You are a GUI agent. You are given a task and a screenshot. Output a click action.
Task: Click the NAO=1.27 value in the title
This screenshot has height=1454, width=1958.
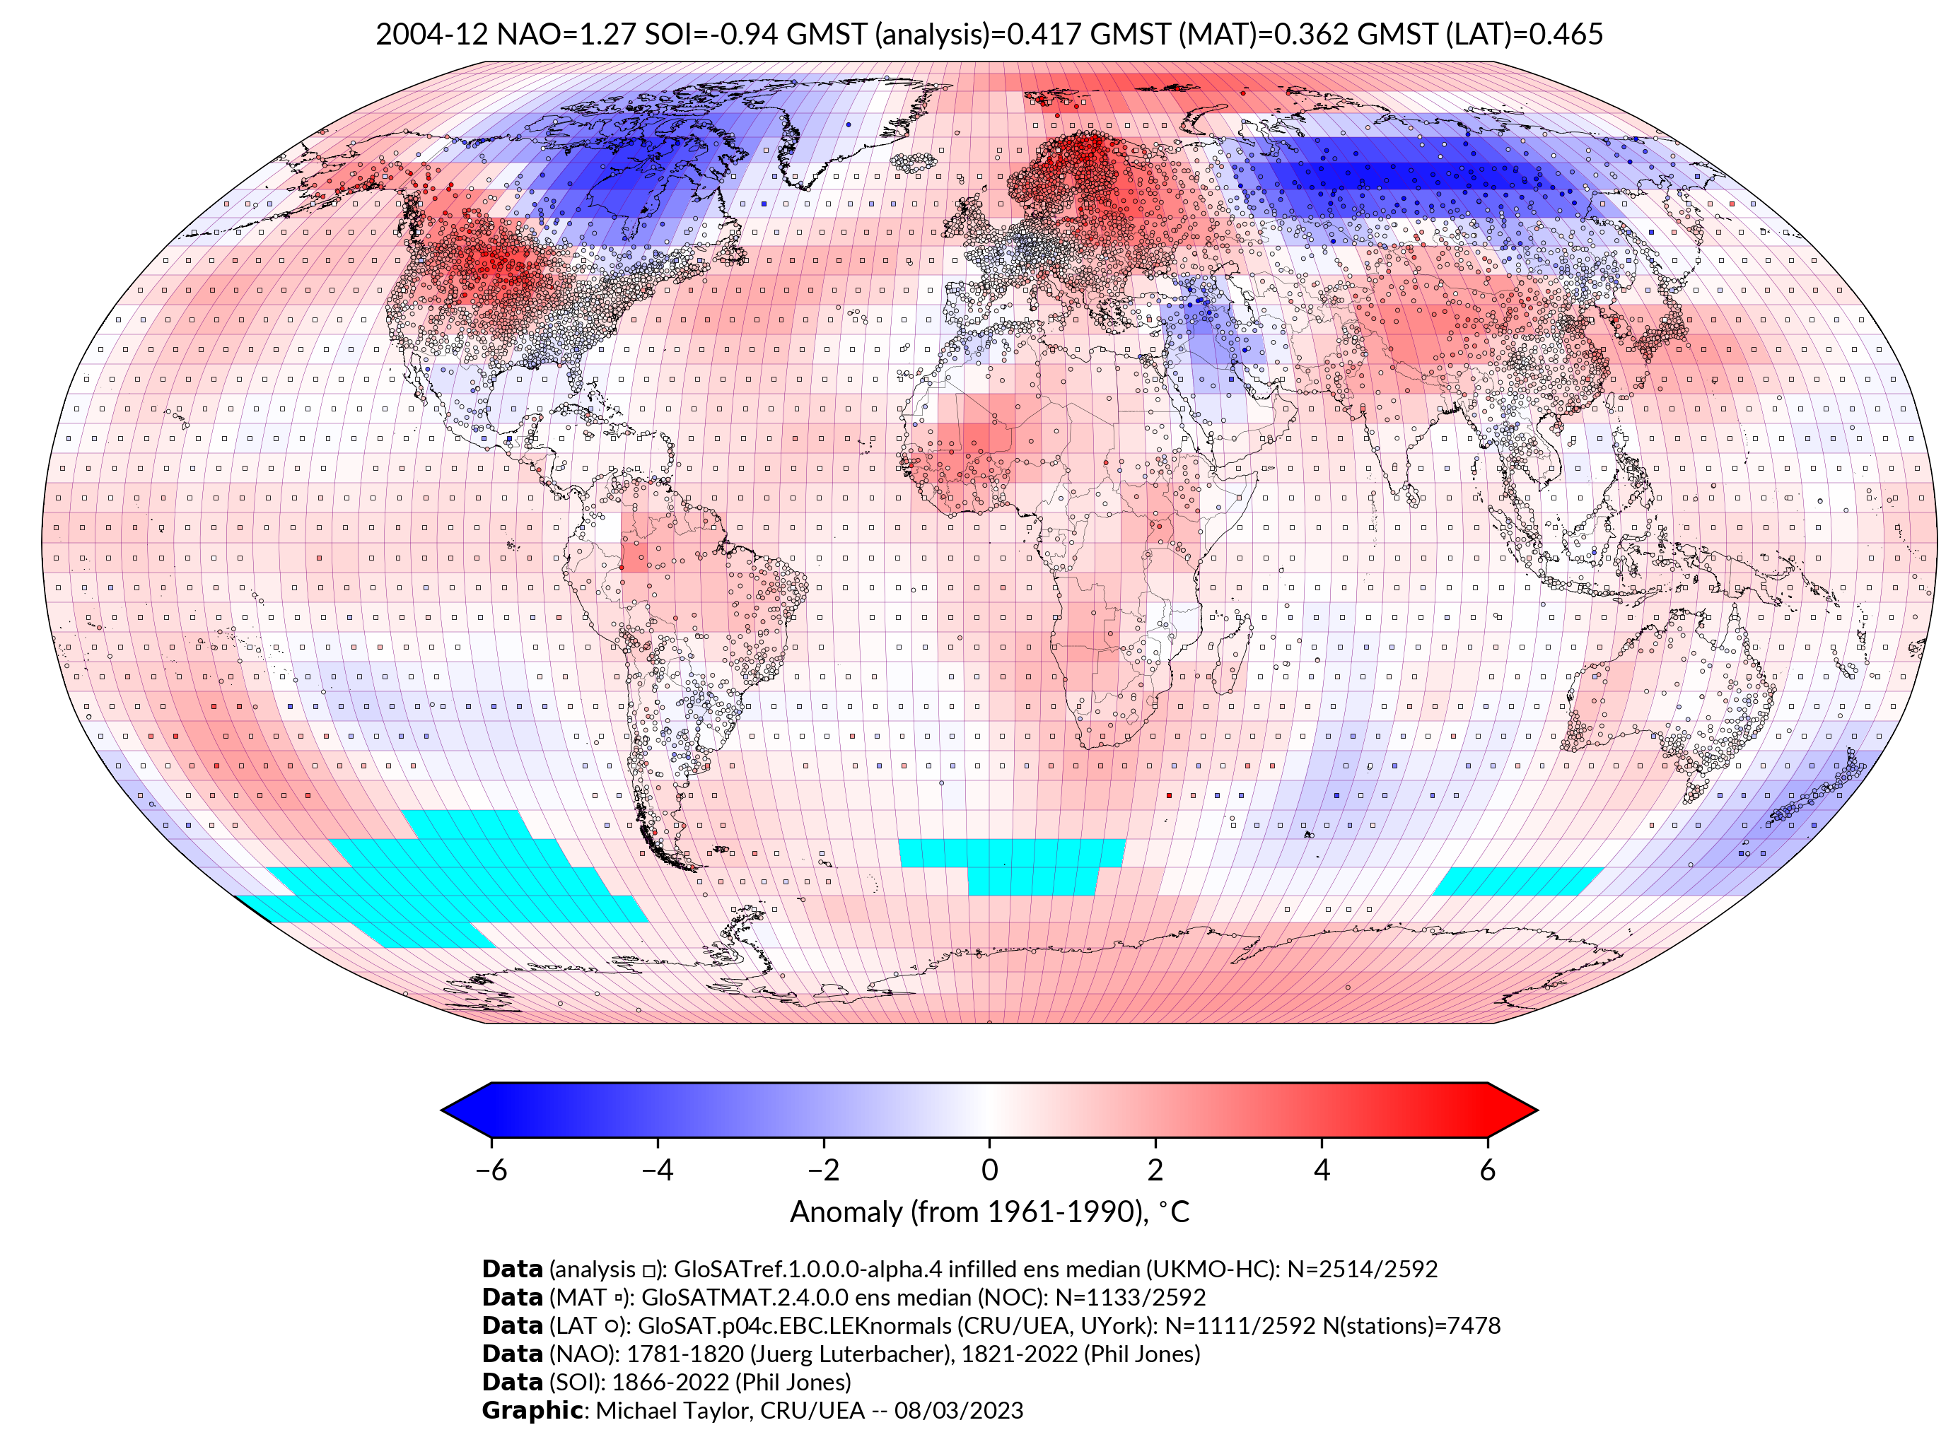tap(566, 35)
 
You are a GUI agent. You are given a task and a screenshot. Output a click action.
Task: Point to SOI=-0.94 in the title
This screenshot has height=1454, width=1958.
tap(711, 35)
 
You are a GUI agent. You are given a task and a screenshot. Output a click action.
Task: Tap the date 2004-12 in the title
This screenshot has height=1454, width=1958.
tap(431, 35)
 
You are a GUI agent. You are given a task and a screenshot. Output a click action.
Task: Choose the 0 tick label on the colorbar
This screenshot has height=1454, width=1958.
tap(989, 1170)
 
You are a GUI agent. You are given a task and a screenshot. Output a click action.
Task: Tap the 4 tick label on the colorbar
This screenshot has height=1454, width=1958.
tap(1322, 1170)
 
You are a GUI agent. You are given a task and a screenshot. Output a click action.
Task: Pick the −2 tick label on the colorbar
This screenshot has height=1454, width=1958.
tap(823, 1170)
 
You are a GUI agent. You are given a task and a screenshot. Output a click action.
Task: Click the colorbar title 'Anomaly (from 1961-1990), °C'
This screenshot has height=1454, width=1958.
tap(989, 1212)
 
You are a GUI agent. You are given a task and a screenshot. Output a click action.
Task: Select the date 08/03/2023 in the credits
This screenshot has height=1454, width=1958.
tap(959, 1410)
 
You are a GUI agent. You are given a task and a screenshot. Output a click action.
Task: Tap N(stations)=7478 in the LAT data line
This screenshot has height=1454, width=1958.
tap(1411, 1325)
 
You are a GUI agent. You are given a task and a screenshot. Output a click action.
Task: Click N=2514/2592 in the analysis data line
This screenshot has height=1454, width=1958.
tap(1362, 1270)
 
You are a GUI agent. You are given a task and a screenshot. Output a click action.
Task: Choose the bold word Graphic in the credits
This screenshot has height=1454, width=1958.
tap(532, 1410)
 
